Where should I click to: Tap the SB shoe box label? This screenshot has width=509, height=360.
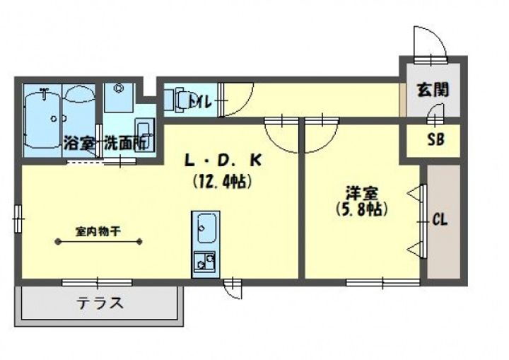pos(435,140)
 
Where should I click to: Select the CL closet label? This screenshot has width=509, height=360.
pos(440,220)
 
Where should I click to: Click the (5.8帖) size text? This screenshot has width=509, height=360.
pos(361,209)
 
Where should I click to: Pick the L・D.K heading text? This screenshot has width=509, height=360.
pos(223,161)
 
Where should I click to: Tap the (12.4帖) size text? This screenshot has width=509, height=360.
pos(223,182)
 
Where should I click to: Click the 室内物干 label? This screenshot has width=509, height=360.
pos(98,230)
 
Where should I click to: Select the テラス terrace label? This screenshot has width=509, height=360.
pos(100,304)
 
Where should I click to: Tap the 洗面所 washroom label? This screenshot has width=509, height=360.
pos(126,142)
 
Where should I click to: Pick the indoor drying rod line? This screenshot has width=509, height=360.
pos(100,242)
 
